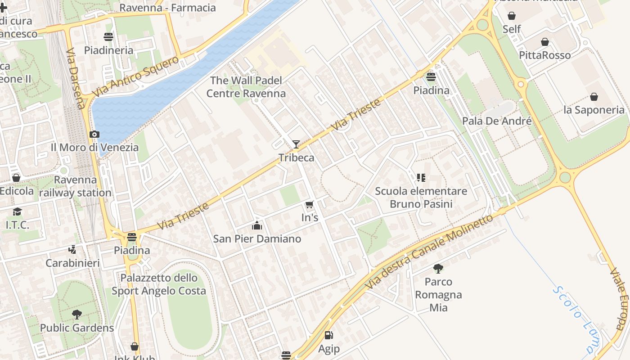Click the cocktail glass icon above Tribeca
click(296, 144)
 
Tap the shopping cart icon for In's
click(309, 205)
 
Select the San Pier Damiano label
click(257, 238)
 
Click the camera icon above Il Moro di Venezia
click(94, 134)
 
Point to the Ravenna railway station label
click(75, 186)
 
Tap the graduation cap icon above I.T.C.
click(17, 211)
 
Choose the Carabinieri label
click(72, 263)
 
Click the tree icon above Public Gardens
click(77, 314)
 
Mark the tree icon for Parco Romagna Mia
click(438, 269)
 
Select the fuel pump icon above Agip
click(329, 335)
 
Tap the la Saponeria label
click(594, 110)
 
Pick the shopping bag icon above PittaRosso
click(545, 42)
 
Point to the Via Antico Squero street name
click(135, 77)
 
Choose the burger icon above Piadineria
click(108, 36)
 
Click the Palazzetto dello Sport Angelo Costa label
click(159, 284)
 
